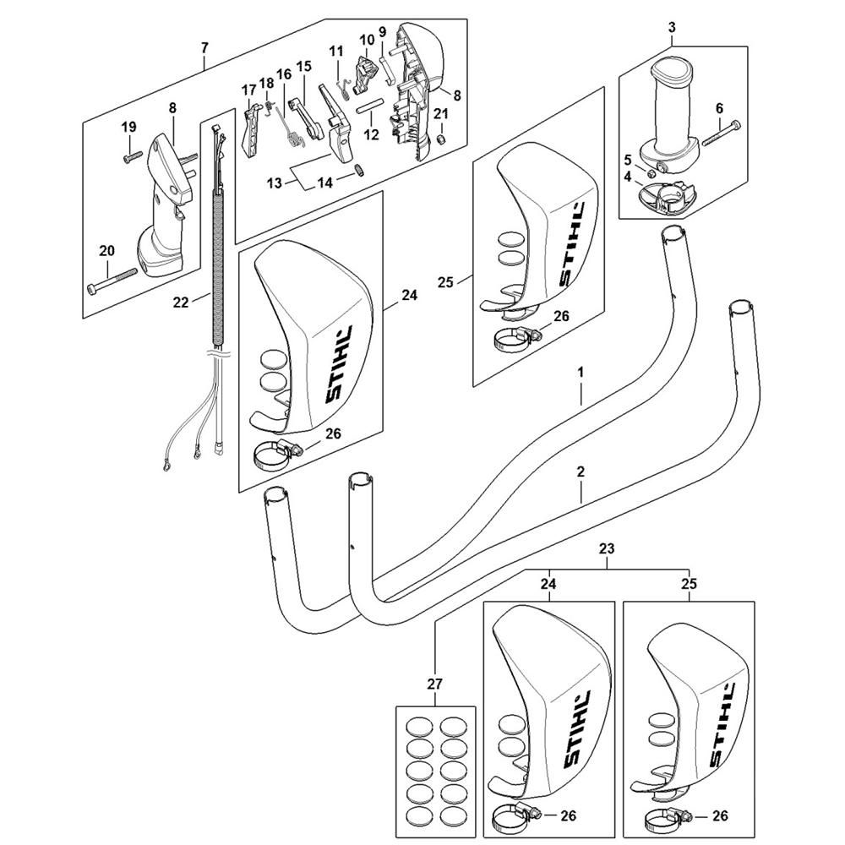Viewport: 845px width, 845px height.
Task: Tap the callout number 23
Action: point(607,549)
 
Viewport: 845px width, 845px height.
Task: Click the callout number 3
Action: point(672,26)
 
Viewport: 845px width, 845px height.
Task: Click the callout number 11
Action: point(337,51)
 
